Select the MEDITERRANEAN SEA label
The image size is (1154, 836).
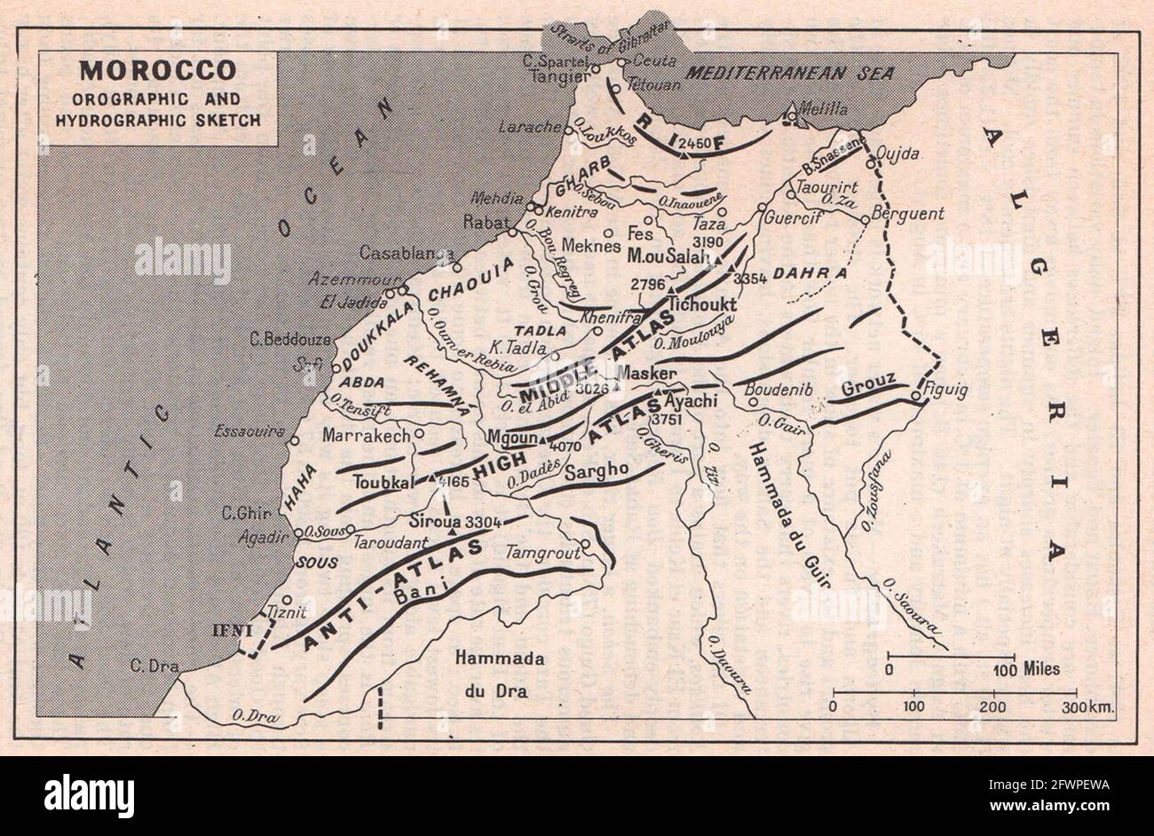tap(792, 73)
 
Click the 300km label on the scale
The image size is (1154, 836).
tap(1088, 706)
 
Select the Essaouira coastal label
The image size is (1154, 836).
tap(249, 432)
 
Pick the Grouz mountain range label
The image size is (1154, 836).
tap(867, 388)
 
